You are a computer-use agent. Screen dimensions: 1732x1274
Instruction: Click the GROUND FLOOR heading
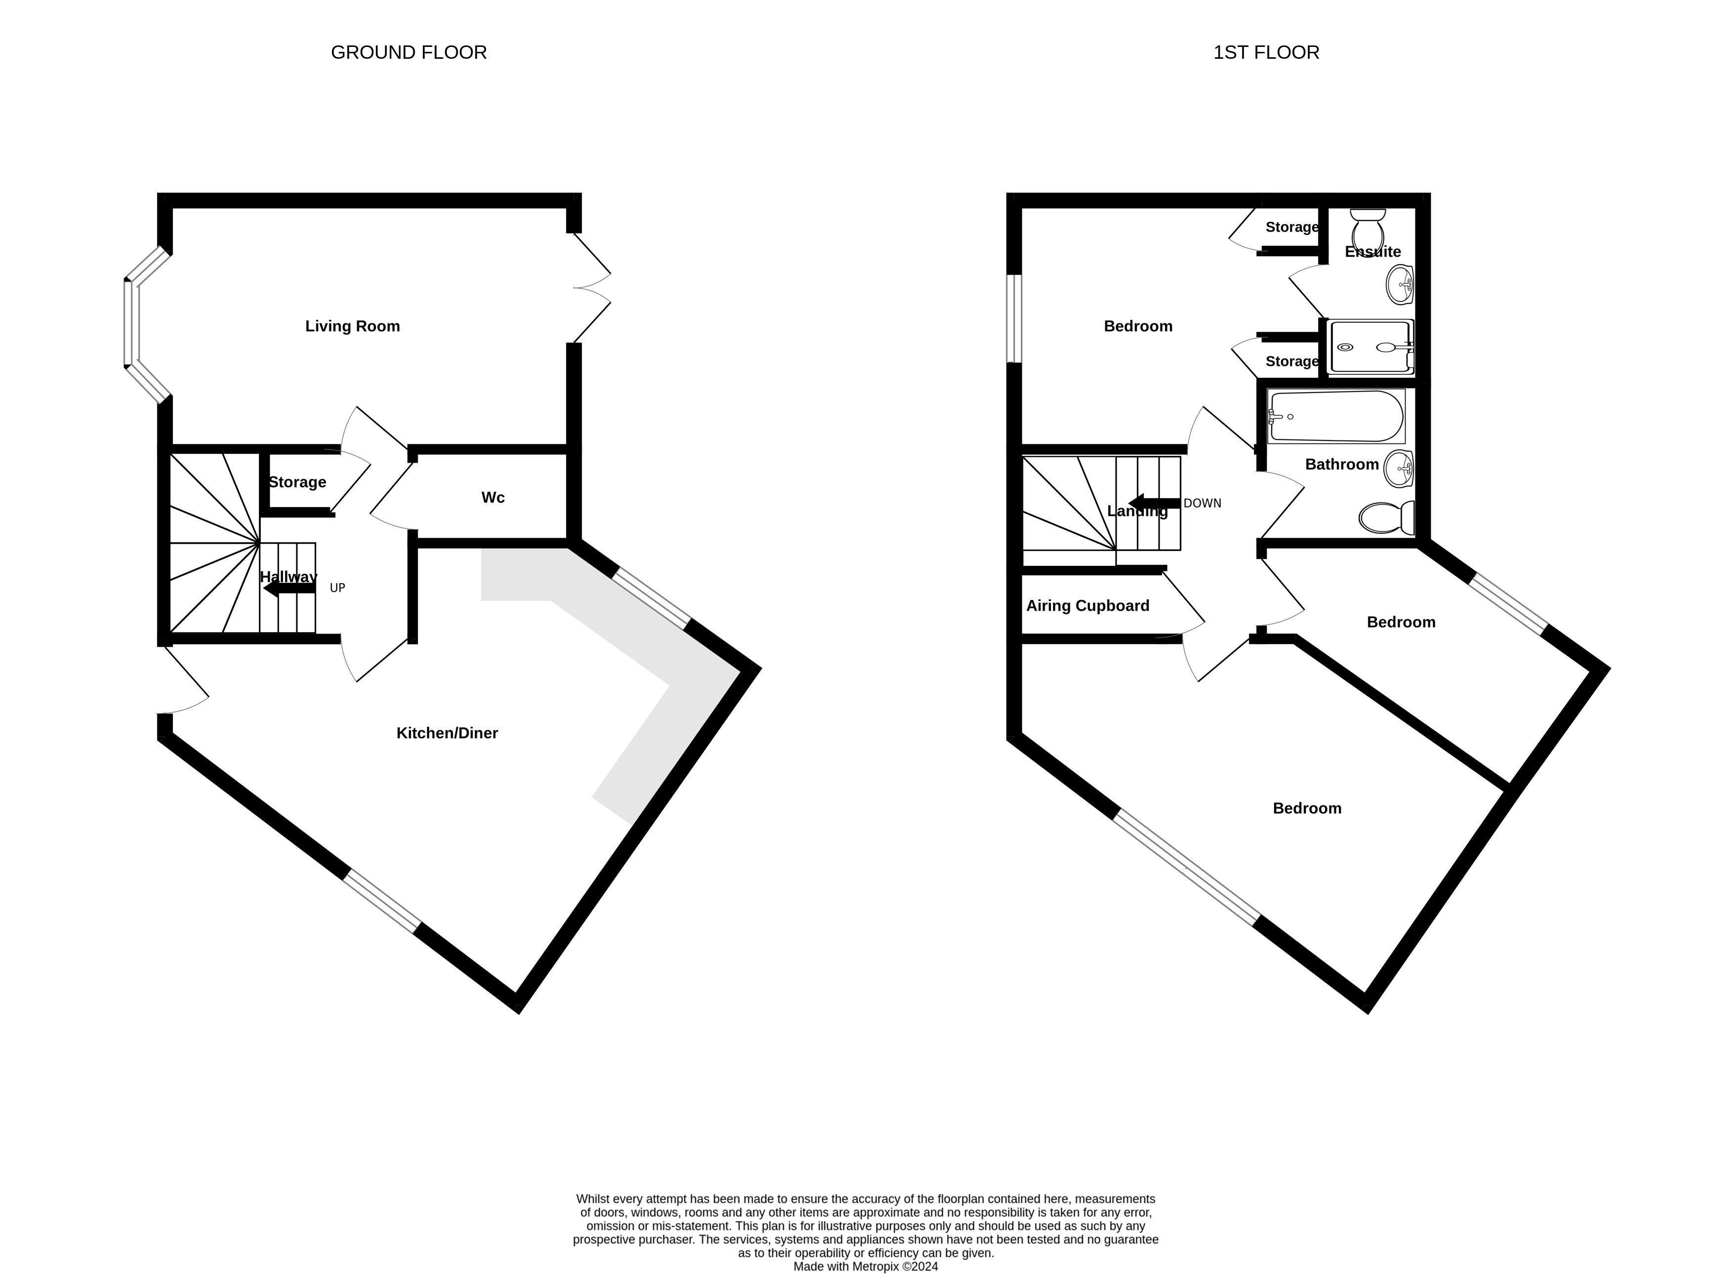coord(409,52)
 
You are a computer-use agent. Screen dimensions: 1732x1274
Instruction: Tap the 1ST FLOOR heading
coord(1266,52)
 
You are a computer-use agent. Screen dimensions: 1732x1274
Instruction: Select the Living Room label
coord(353,326)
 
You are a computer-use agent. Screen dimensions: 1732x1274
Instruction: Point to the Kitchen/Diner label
coord(447,733)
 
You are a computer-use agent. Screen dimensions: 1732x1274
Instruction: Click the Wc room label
coord(493,497)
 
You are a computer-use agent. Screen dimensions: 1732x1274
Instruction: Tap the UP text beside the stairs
coord(337,588)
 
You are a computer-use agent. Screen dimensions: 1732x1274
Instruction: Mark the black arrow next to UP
coord(289,589)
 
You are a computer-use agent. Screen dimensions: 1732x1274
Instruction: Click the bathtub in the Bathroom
coord(1335,416)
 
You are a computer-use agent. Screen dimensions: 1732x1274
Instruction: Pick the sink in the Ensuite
coord(1400,284)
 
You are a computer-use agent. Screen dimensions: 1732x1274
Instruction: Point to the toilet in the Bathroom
coord(1386,518)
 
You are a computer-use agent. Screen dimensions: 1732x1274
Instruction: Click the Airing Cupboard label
coord(1088,606)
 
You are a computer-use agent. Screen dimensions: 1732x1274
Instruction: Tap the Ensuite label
coord(1372,251)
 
